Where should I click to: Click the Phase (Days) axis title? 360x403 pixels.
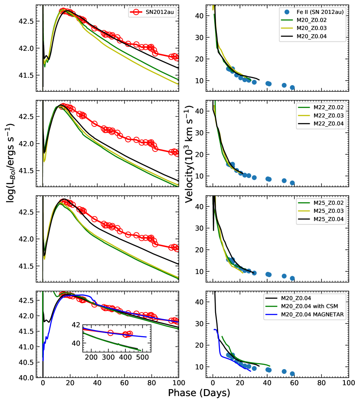coord(199,393)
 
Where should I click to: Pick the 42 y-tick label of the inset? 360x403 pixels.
coord(76,325)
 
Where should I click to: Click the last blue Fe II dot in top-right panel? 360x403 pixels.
coord(292,87)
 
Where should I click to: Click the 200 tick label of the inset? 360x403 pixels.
coord(91,358)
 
